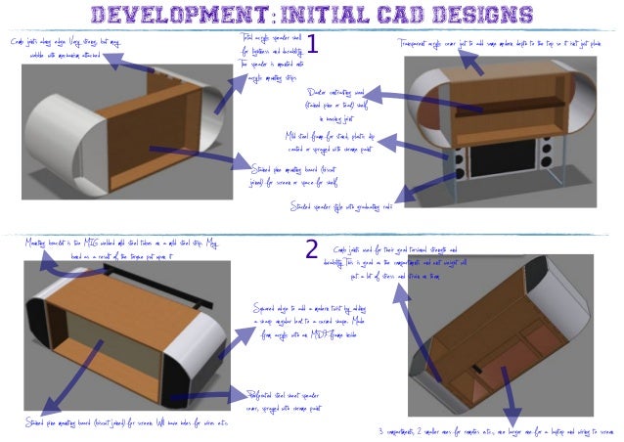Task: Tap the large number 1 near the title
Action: tap(313, 44)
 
